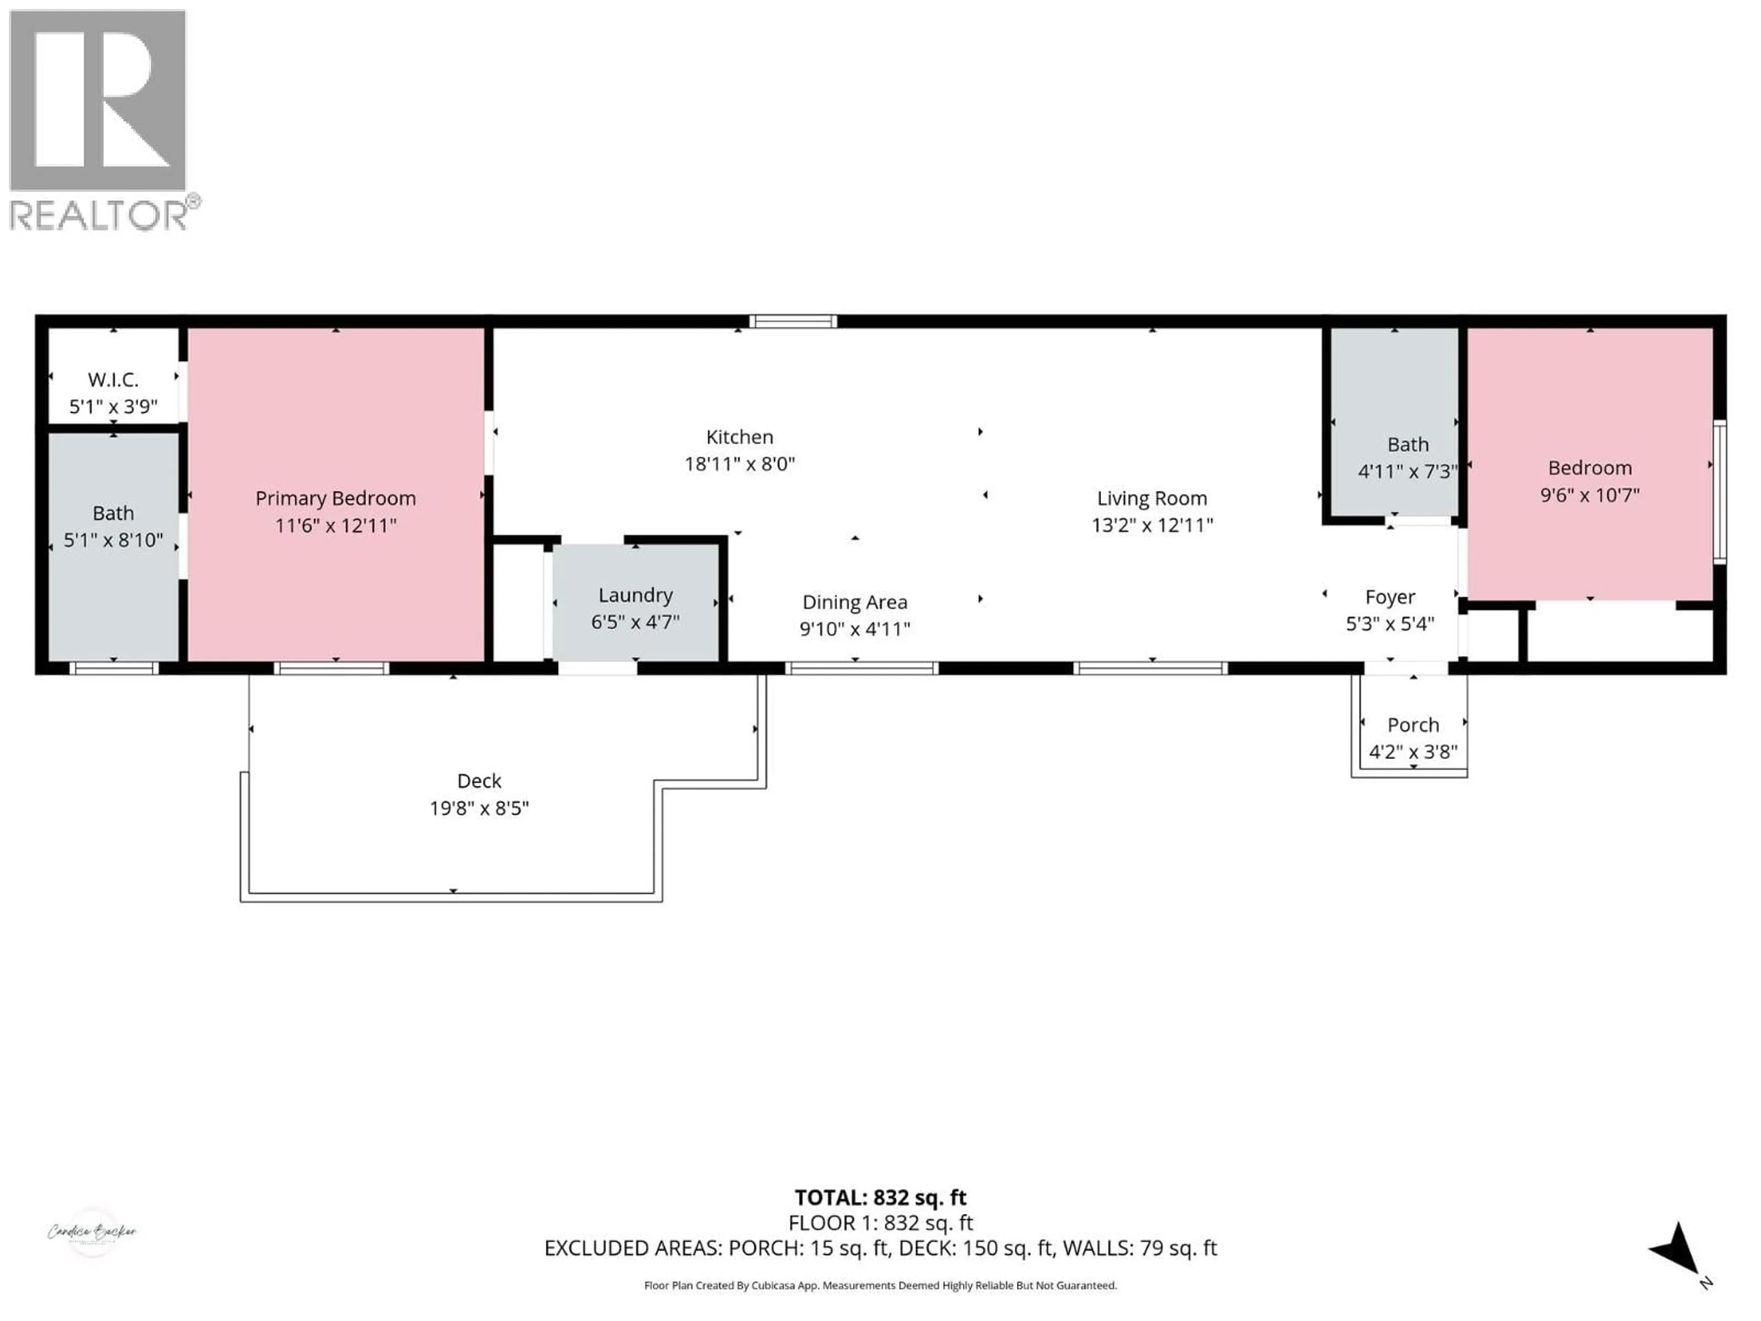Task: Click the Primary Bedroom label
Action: click(335, 499)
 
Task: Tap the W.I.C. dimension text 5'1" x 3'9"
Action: click(113, 407)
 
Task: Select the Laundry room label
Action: click(635, 595)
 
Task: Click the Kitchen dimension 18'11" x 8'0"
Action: click(740, 463)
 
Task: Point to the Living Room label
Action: click(1152, 499)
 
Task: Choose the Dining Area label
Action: click(854, 602)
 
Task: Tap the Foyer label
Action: click(1390, 597)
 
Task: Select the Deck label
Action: click(479, 781)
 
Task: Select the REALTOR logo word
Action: click(98, 215)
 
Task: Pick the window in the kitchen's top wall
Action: click(792, 322)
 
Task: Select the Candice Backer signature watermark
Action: click(92, 1232)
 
